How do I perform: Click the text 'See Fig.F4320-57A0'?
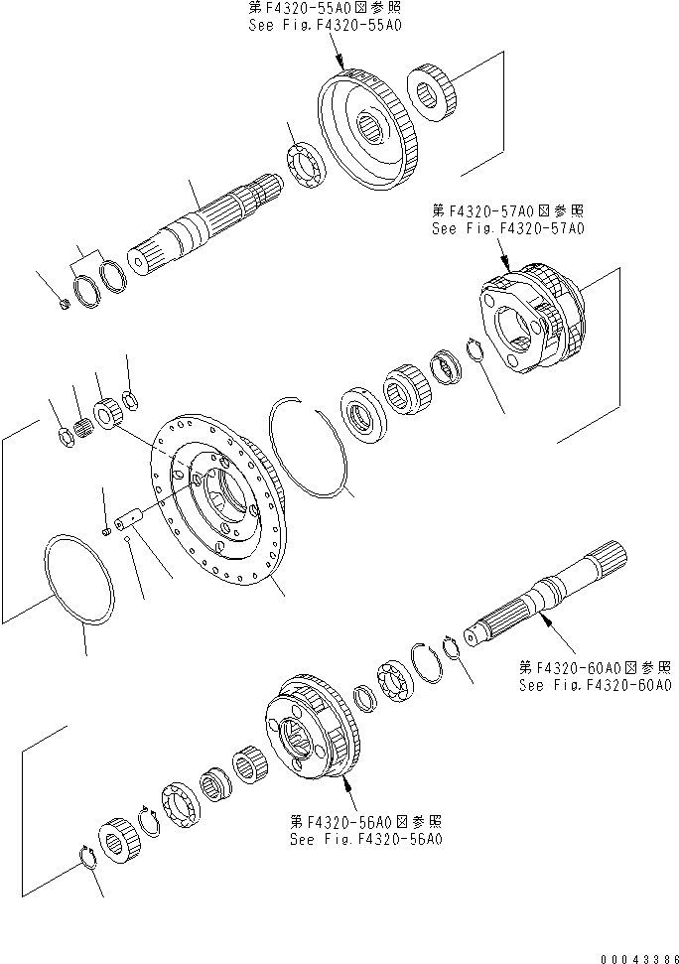pyautogui.click(x=507, y=227)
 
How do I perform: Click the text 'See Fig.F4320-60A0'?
pyautogui.click(x=596, y=685)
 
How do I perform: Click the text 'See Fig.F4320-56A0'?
pyautogui.click(x=366, y=838)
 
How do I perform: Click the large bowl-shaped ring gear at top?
pyautogui.click(x=368, y=127)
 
